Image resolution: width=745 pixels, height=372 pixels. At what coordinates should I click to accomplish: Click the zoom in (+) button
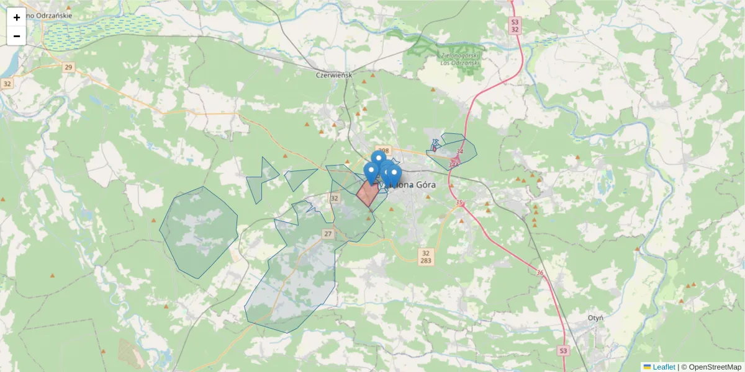pyautogui.click(x=17, y=17)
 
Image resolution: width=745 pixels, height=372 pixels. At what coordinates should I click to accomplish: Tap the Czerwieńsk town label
pyautogui.click(x=334, y=75)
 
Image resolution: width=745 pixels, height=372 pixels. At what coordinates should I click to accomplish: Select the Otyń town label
pyautogui.click(x=596, y=317)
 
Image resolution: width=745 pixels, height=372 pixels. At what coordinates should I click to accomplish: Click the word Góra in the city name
pyautogui.click(x=422, y=184)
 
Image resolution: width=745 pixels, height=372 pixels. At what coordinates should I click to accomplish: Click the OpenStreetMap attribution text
pyautogui.click(x=715, y=367)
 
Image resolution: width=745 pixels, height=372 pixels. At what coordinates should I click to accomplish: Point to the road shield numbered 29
pyautogui.click(x=68, y=67)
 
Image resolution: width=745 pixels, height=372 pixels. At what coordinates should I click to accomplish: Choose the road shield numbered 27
pyautogui.click(x=328, y=234)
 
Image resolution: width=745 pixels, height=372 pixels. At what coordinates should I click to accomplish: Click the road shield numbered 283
pyautogui.click(x=425, y=261)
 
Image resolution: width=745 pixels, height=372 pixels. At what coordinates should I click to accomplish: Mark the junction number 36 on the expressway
pyautogui.click(x=540, y=273)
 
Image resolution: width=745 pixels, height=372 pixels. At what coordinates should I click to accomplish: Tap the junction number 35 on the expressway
pyautogui.click(x=459, y=203)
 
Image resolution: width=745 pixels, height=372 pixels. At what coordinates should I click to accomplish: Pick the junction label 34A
pyautogui.click(x=454, y=164)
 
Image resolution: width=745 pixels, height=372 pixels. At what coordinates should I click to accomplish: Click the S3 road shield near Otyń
pyautogui.click(x=562, y=350)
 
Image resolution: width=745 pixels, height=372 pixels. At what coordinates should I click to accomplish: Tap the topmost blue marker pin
pyautogui.click(x=378, y=159)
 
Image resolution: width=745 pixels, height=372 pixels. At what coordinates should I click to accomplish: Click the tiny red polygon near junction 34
pyautogui.click(x=434, y=148)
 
